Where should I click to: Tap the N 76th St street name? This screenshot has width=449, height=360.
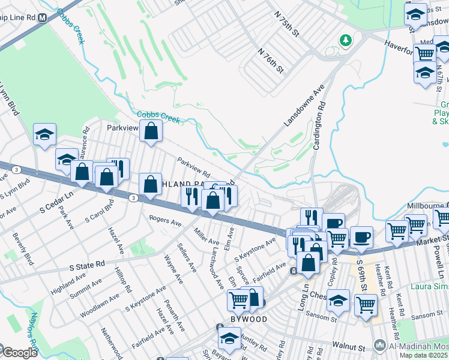coord(270,60)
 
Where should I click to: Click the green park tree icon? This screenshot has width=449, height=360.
coord(345,41)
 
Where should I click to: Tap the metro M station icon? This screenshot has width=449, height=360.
coord(43,18)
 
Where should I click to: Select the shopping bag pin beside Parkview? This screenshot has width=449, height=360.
coord(151,131)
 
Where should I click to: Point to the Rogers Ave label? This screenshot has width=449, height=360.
coord(165,222)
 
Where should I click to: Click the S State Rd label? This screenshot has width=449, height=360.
coord(87,263)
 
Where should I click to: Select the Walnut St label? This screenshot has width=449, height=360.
coord(348,347)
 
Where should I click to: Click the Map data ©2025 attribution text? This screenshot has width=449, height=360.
coord(424,355)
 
